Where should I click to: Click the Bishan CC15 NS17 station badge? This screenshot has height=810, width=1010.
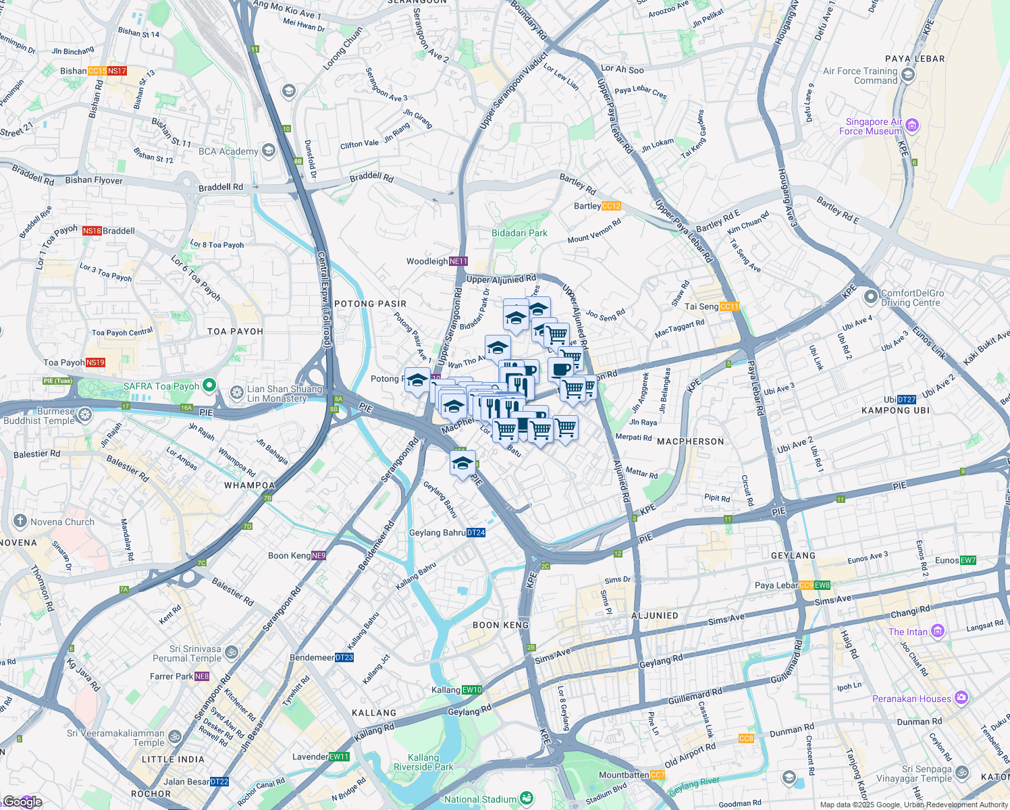[107, 71]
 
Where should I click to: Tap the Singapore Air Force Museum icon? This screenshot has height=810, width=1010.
[912, 126]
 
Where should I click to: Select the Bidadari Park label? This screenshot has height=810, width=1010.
[519, 233]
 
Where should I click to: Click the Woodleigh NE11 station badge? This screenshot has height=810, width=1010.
[458, 261]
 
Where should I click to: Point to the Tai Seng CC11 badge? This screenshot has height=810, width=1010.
[730, 306]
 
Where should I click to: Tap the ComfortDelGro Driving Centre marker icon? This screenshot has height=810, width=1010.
[870, 296]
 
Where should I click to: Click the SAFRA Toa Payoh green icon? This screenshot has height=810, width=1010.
[209, 385]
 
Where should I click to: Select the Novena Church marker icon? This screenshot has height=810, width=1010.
[20, 521]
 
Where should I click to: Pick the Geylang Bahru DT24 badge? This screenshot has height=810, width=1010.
[476, 533]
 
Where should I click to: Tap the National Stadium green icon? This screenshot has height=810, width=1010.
[527, 799]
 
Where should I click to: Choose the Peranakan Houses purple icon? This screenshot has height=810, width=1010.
[961, 698]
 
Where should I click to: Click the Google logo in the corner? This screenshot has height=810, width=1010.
[22, 801]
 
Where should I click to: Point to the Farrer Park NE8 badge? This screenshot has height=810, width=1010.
[202, 676]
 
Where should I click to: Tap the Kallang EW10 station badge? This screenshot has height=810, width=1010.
[472, 690]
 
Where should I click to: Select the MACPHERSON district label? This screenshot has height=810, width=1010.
[690, 441]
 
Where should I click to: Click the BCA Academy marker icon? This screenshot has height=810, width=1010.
[269, 151]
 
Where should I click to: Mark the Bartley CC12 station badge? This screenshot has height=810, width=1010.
[611, 206]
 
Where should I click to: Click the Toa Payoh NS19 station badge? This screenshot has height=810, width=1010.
[95, 362]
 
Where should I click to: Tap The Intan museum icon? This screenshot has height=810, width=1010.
[937, 631]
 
